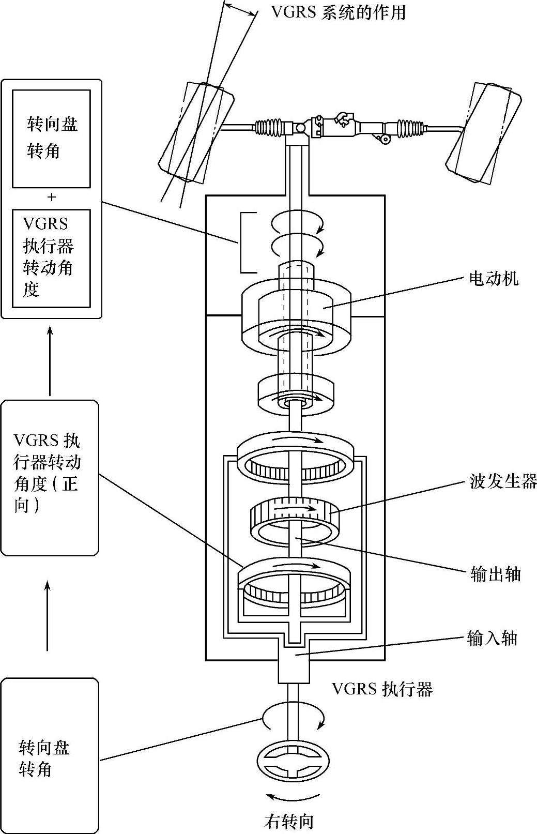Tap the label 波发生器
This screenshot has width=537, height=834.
[x=503, y=481]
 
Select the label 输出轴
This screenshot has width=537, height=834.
[x=495, y=574]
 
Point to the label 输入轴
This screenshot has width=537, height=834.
[x=492, y=639]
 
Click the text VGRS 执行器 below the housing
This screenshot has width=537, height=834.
[x=382, y=689]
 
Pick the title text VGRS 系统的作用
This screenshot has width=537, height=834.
[x=339, y=11]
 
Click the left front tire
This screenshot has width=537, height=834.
[x=197, y=132]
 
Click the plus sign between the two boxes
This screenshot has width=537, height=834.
[x=51, y=197]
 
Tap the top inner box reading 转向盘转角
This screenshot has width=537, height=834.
[x=51, y=138]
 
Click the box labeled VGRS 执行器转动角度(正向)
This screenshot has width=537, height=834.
[x=49, y=477]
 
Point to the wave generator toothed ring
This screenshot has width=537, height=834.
[x=295, y=517]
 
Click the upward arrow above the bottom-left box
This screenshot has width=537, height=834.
[x=48, y=615]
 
